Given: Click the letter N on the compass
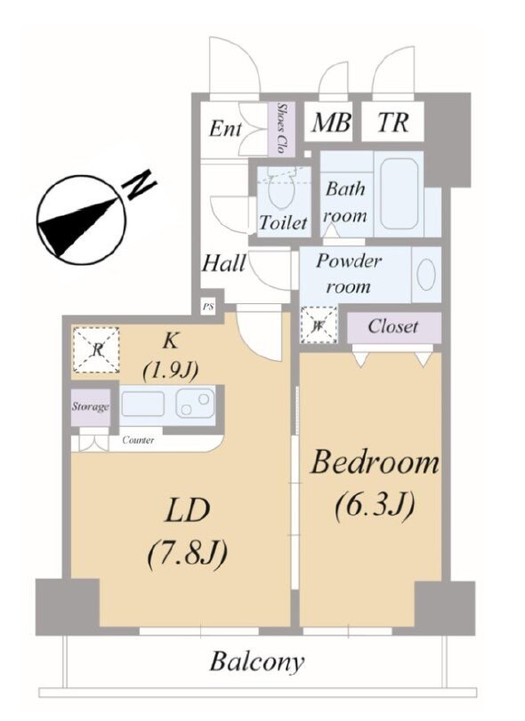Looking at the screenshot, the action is click(x=140, y=184).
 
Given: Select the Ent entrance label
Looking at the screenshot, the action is click(x=224, y=128).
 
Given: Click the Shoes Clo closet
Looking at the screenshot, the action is click(x=280, y=128).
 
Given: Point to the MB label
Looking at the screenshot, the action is click(x=330, y=123).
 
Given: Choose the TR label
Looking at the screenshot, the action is click(x=392, y=123).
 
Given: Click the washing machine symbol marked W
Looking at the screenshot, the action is click(x=319, y=324).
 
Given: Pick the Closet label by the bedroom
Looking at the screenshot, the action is click(x=393, y=326).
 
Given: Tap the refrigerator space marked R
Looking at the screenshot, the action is click(x=97, y=350).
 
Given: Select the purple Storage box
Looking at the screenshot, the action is click(x=91, y=407).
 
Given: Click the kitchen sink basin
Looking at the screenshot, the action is click(x=142, y=405).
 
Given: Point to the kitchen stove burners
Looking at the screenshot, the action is click(x=196, y=404).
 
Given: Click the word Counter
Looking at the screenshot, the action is click(x=138, y=440).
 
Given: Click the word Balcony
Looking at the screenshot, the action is click(x=257, y=662).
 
